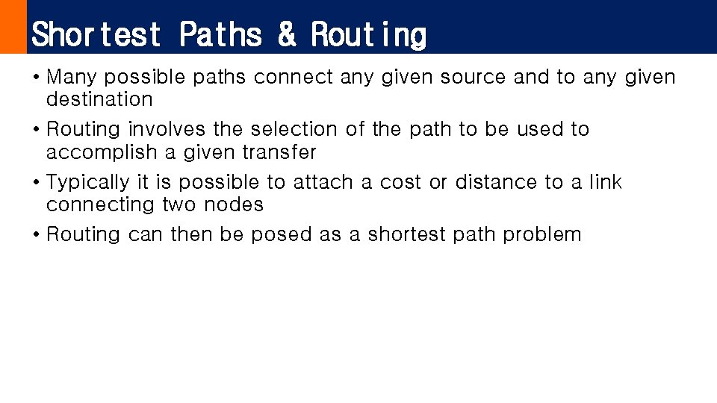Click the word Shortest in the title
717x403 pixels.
[96, 34]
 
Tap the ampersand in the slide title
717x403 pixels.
[286, 34]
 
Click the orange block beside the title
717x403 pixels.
[13, 27]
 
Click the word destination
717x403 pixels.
[99, 99]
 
